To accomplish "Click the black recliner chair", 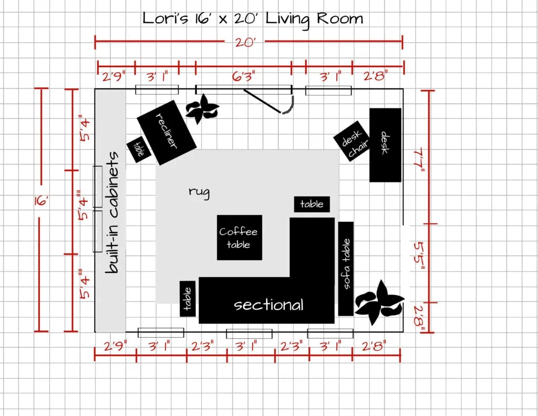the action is pos(167,133).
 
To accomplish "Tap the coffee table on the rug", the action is pos(240,237).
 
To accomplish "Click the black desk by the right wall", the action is pos(385,145).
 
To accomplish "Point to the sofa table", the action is pos(346,269).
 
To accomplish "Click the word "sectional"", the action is pos(268,305).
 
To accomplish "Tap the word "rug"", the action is pos(199,192).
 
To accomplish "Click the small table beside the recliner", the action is pos(139,149).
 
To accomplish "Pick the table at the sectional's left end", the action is pos(188,299).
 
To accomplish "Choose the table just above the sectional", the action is pos(312,205).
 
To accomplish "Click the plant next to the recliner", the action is pos(202,109).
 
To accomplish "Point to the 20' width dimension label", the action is pos(245,43).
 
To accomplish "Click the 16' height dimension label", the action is pos(41,200).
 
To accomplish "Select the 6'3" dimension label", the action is pos(243,76).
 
